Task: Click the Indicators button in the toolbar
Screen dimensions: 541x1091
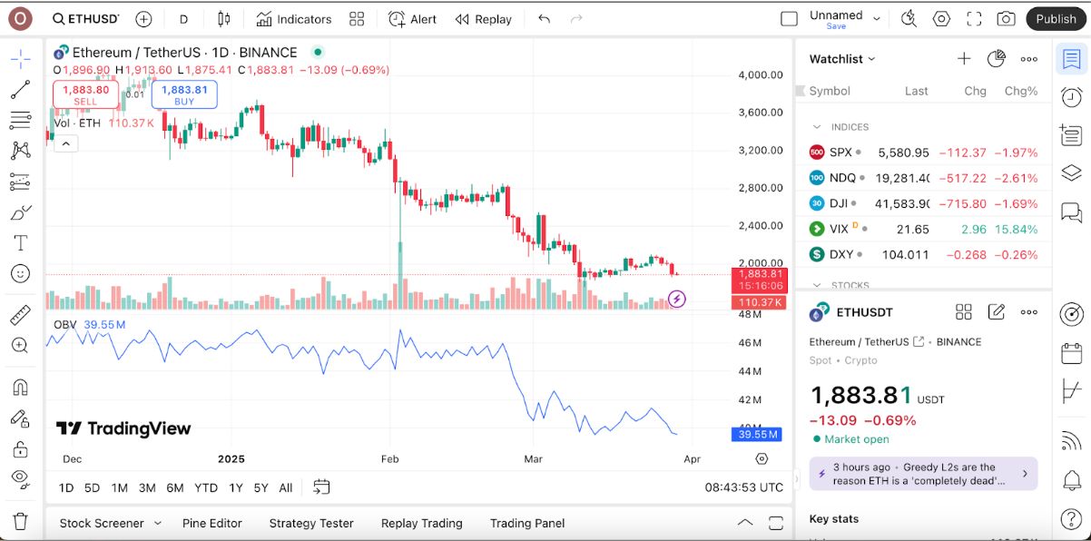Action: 293,19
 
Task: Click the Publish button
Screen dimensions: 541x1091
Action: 1056,19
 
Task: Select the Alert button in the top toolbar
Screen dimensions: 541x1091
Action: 413,19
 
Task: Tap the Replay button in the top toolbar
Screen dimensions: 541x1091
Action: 484,19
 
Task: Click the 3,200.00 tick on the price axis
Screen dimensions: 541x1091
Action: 761,151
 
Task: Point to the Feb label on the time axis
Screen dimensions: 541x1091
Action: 390,459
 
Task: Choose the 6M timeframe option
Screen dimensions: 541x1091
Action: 175,487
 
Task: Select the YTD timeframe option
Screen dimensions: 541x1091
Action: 206,487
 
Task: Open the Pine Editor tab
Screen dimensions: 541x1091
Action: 211,523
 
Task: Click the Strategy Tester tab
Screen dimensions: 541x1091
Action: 311,523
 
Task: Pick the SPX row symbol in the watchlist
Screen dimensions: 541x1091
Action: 840,152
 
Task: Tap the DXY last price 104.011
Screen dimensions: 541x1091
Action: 905,255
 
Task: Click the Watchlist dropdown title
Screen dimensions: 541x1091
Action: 842,59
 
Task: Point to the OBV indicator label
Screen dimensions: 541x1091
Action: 65,324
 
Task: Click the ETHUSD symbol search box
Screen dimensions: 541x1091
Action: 85,19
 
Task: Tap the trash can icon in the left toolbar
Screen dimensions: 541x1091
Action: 20,521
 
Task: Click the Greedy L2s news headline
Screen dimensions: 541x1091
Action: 919,474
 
